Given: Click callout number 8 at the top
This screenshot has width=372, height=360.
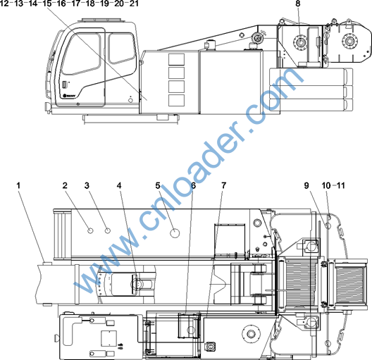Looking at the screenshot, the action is point(298,4).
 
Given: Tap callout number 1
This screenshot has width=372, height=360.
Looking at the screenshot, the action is point(18,185).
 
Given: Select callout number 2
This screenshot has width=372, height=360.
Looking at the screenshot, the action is point(65,185).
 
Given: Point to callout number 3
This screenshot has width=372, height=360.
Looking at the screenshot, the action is point(87,185).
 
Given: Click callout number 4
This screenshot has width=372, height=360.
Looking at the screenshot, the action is point(119,185).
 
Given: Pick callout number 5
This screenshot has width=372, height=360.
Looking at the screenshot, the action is point(158,185).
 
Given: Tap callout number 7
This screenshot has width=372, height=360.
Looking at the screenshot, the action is point(224,185).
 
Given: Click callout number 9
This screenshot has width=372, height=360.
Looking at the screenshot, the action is point(306,185).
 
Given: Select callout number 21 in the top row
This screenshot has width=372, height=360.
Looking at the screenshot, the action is point(134,4).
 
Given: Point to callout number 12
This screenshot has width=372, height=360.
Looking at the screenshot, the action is point(4,4).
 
